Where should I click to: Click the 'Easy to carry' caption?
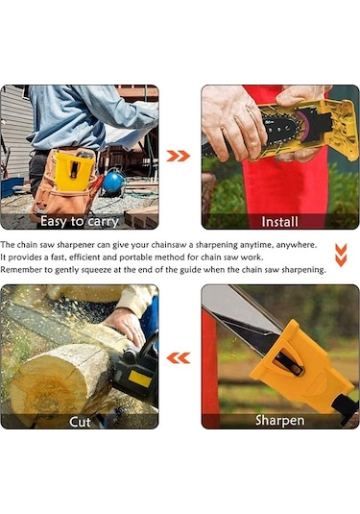80,222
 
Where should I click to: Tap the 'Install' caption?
279,222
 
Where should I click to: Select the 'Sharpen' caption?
279,420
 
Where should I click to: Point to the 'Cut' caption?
80,422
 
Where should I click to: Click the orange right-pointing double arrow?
179,156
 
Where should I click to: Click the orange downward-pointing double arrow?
341,255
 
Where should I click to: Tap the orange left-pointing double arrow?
179,358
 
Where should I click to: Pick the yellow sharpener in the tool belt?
73,171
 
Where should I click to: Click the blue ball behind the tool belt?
112,182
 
